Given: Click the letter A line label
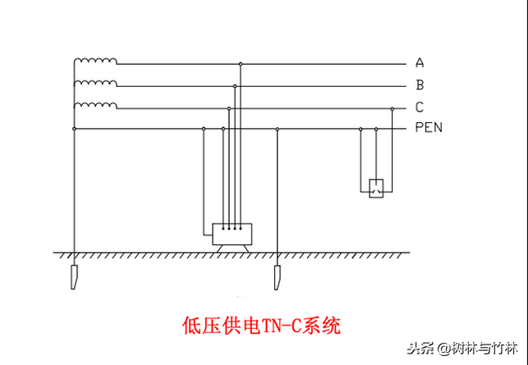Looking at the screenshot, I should click(x=420, y=63).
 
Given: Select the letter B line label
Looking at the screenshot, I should click(x=420, y=85).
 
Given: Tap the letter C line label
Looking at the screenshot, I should click(x=420, y=107).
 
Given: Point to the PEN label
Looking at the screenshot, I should click(x=429, y=129).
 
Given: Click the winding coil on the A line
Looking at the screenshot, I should click(x=95, y=61).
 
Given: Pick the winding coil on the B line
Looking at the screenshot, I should click(x=95, y=83).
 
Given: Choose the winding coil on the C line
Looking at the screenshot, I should click(x=95, y=105).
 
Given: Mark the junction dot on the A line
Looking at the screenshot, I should click(x=241, y=63).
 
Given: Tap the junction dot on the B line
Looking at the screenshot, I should click(x=235, y=85).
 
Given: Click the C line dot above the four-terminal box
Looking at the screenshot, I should click(x=229, y=107).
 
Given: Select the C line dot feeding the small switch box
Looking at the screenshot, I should click(x=393, y=107).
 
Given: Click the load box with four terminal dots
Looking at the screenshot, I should click(x=232, y=234).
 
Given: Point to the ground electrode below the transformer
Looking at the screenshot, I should click(x=75, y=277).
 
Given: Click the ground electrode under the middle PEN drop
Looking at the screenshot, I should click(x=278, y=277).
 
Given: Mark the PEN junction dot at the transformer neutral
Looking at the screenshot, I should click(x=75, y=129).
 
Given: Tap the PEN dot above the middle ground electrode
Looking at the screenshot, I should click(x=278, y=129).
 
